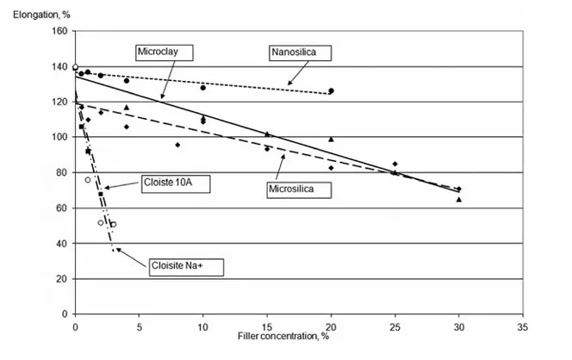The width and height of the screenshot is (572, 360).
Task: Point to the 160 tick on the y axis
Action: click(59, 32)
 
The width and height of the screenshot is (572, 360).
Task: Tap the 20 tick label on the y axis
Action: click(61, 279)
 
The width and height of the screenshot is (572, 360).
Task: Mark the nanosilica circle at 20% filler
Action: click(331, 90)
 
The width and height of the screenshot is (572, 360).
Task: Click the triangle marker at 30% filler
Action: click(458, 199)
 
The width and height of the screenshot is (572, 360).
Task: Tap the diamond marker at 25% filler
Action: click(395, 164)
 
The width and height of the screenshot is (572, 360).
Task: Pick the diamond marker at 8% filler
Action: click(177, 145)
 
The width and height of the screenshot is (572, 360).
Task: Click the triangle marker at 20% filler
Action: click(331, 139)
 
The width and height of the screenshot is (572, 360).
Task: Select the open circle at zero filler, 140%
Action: click(75, 67)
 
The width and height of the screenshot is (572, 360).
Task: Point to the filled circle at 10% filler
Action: click(203, 88)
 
